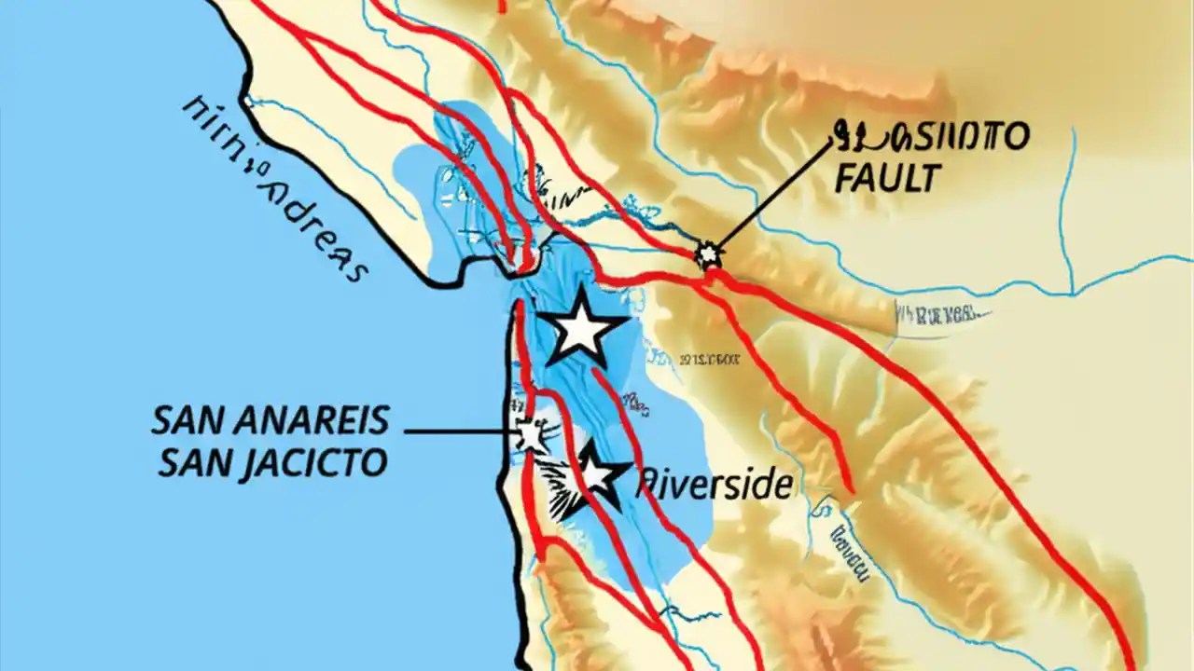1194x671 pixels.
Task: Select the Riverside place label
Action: pos(715,485)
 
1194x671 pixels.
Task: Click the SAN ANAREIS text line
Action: pos(271,421)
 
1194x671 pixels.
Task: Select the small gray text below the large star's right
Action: pos(709,358)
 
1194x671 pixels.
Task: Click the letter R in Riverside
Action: pos(646,485)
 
